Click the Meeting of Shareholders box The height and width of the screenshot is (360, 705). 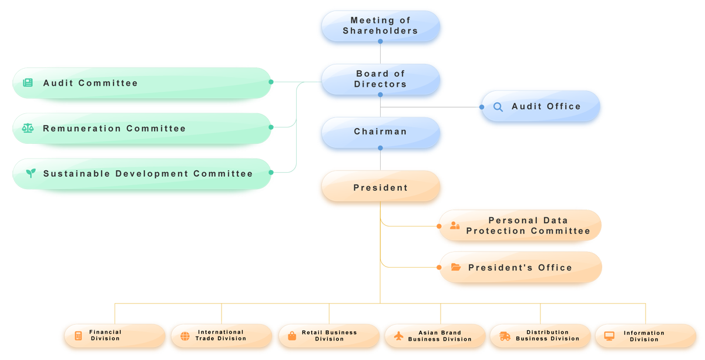[x=380, y=26]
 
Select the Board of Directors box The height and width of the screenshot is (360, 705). [x=380, y=79]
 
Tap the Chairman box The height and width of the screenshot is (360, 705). [x=380, y=132]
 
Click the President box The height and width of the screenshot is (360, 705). [x=380, y=189]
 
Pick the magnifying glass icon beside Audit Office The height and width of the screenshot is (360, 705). [x=498, y=107]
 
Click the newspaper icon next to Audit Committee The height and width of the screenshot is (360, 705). [x=28, y=83]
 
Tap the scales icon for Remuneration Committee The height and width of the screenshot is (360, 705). [x=28, y=129]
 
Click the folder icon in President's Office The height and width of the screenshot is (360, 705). [x=456, y=268]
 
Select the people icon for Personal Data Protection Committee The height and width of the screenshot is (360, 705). [x=455, y=226]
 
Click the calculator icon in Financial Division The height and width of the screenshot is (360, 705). [x=78, y=336]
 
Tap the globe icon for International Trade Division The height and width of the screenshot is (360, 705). [x=185, y=336]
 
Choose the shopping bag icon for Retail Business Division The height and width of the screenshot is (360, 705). [x=291, y=336]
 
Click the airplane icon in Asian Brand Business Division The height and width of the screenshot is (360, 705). [x=398, y=336]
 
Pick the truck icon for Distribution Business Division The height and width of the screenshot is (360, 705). [x=505, y=336]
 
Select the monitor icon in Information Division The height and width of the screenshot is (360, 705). [x=609, y=336]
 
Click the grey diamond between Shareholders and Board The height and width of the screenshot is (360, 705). [x=380, y=56]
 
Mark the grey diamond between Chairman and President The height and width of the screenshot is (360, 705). [x=380, y=162]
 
